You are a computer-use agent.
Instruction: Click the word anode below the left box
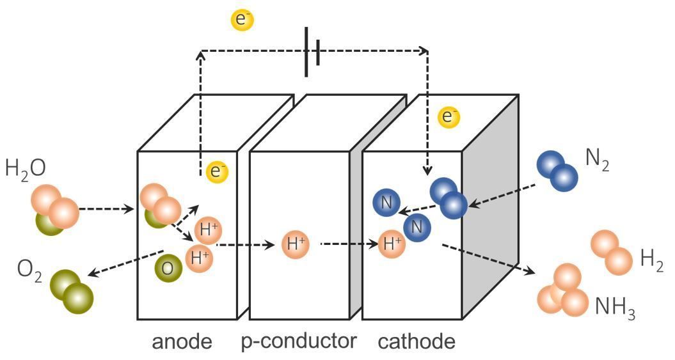pos(182,342)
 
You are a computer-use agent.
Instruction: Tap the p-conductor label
pos(299,342)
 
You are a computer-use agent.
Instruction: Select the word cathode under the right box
pos(417,342)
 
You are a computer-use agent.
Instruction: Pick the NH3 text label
pos(615,308)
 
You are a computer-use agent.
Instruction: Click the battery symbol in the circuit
pos(312,52)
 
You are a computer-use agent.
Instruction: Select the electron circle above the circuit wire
pos(242,20)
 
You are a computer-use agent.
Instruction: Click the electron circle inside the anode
pos(218,171)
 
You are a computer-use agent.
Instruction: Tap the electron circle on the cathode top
pos(449,117)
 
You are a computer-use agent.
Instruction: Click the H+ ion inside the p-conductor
pos(295,243)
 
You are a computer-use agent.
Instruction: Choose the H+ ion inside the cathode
pos(392,243)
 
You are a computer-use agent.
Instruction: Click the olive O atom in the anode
pos(166,268)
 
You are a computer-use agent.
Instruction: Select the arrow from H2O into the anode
pos(107,209)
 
